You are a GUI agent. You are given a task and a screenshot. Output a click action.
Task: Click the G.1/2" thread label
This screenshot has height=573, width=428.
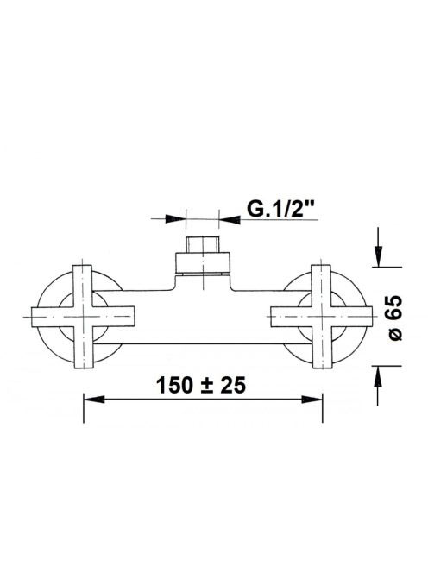click(280, 209)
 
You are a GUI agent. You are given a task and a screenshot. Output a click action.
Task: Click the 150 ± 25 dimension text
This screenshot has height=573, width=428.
click(201, 385)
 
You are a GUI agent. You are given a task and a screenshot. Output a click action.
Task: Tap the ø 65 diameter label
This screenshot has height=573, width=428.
click(395, 318)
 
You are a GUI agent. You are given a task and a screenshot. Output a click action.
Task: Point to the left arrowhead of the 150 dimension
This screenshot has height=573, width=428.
click(94, 399)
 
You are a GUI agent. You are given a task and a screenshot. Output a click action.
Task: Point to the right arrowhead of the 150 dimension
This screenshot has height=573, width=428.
click(312, 399)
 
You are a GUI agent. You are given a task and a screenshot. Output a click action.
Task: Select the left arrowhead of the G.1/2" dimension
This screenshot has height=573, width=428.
click(176, 219)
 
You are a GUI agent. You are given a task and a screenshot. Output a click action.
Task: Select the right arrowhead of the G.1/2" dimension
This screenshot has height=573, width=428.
click(230, 219)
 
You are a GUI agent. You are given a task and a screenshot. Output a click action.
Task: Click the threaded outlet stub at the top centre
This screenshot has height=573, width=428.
click(203, 244)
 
